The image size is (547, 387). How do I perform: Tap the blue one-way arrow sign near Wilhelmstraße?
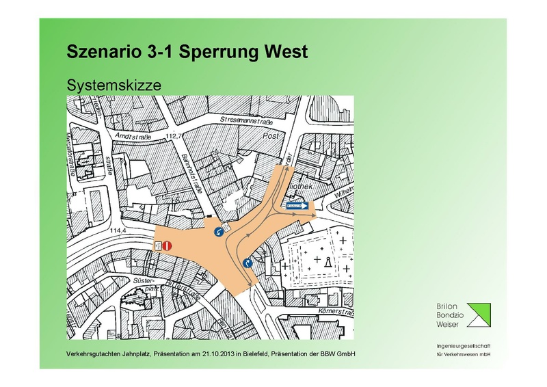[x=297, y=204]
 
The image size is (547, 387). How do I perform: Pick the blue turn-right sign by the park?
[x=247, y=262]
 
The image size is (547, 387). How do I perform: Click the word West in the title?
[x=286, y=51]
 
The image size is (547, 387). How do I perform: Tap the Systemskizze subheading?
[x=113, y=85]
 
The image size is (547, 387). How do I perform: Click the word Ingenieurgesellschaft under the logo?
[x=464, y=346]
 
